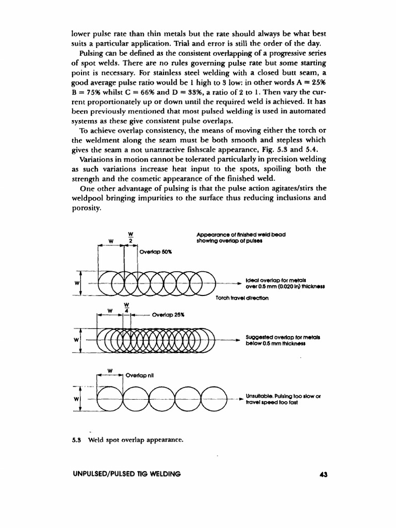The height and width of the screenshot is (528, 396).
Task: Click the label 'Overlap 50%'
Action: click(155, 253)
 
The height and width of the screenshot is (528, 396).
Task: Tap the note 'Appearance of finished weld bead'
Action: click(241, 234)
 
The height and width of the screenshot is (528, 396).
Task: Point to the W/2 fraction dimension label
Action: click(130, 238)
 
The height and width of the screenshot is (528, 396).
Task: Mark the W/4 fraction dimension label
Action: click(126, 308)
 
